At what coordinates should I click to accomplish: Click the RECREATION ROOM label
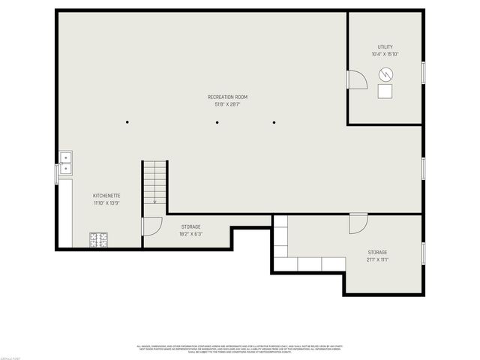tap(227, 97)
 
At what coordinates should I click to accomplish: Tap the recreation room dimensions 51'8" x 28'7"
tap(227, 104)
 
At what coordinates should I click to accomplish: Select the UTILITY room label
tap(385, 46)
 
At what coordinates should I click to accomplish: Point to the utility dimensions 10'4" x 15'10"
tap(385, 54)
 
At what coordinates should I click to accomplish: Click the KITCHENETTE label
tap(106, 195)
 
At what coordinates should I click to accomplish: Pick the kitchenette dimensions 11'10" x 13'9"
tap(106, 202)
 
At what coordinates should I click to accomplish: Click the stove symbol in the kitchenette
tap(98, 240)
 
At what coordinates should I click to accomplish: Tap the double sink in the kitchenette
tap(66, 158)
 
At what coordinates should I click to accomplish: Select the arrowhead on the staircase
tap(155, 201)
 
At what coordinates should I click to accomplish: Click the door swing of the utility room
tap(355, 79)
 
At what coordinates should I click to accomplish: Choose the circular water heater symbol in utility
tap(385, 73)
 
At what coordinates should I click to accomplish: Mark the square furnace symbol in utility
tap(385, 91)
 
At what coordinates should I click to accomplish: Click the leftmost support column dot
tap(127, 122)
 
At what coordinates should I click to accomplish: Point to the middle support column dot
tap(217, 122)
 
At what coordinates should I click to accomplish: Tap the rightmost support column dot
tap(274, 122)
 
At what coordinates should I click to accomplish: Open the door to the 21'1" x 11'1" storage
tap(358, 222)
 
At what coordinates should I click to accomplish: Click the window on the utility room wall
tap(423, 73)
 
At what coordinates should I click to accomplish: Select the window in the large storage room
tap(423, 254)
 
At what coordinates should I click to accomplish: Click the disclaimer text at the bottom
tap(239, 349)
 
